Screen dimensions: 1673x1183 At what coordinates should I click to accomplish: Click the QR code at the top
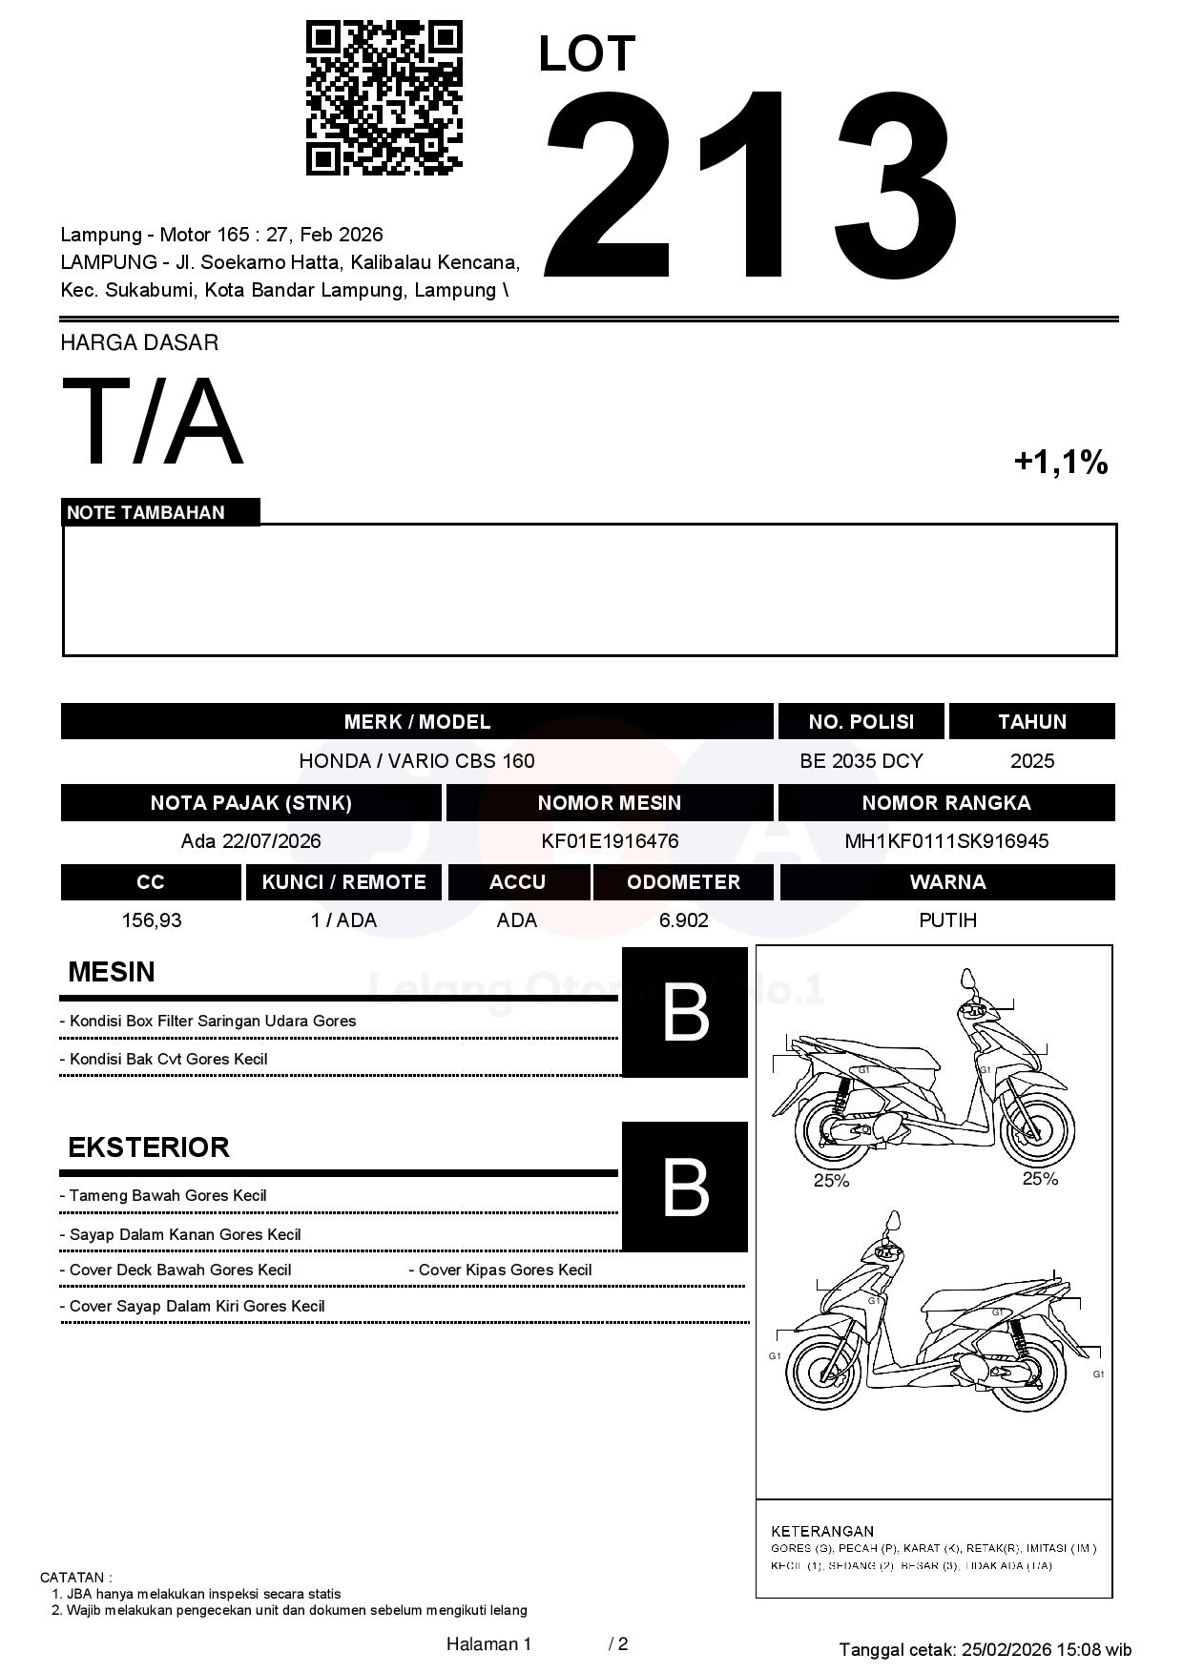click(x=384, y=98)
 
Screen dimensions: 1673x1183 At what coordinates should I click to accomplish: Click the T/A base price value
click(x=153, y=423)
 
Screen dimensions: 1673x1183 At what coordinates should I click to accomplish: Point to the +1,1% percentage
click(x=1060, y=463)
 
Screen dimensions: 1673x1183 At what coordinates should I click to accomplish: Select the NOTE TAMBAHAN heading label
click(x=146, y=512)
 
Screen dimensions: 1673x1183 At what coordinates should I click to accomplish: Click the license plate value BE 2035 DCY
click(x=861, y=761)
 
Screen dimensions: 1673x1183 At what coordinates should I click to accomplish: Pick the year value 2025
click(x=1032, y=761)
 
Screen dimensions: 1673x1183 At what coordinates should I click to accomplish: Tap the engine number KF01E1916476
click(x=610, y=841)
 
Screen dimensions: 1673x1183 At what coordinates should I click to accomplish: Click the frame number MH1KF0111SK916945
click(x=946, y=841)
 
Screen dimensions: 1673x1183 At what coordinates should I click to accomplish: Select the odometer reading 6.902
click(x=683, y=920)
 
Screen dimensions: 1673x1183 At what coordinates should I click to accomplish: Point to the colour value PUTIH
click(x=947, y=920)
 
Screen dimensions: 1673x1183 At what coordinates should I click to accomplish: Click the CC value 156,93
click(x=151, y=920)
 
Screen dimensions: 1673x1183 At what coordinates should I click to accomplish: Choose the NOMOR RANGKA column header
click(x=946, y=803)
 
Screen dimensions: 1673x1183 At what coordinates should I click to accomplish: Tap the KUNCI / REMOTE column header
click(x=343, y=882)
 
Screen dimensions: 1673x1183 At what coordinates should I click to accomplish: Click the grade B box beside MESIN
click(x=685, y=1013)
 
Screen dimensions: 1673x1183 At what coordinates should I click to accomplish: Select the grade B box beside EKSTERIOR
click(x=685, y=1187)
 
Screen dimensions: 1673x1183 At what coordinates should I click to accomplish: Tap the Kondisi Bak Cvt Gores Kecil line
click(x=168, y=1059)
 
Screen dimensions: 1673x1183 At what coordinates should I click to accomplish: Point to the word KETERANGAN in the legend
click(x=822, y=1531)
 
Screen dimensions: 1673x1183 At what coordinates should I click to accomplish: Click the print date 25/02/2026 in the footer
click(x=1007, y=1649)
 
